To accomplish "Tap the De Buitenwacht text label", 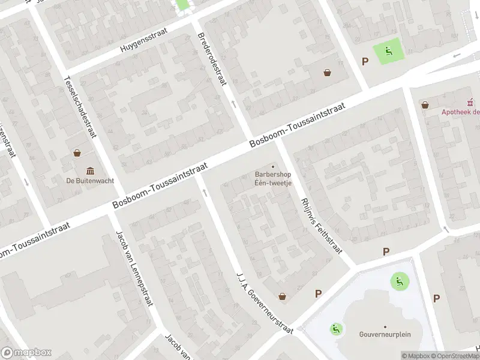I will click(90, 180).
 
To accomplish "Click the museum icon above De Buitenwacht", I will click(90, 170).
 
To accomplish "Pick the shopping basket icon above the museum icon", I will click(77, 152).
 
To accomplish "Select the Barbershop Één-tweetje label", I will click(273, 179).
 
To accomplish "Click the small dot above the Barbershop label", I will click(274, 167).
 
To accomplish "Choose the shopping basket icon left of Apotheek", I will click(425, 104).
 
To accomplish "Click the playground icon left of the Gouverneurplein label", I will click(336, 328).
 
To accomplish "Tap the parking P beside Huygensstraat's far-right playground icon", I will click(365, 61).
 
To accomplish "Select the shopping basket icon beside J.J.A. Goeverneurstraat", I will click(283, 296).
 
